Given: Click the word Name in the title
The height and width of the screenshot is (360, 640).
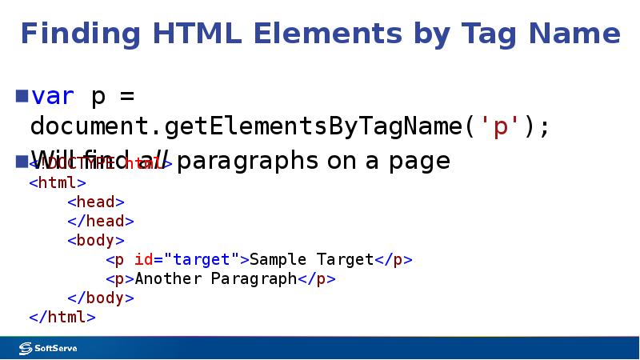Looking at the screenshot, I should [x=574, y=34].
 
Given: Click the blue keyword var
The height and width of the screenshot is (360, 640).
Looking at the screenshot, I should [x=53, y=97].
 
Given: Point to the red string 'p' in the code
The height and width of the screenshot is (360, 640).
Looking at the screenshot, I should [x=500, y=127].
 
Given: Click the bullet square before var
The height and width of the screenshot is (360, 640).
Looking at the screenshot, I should [x=22, y=97].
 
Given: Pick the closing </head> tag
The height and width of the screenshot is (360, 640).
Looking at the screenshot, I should [x=101, y=221].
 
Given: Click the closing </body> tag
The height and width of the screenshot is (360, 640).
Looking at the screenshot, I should [x=101, y=298].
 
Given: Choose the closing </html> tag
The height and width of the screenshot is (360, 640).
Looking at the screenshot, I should [x=62, y=317].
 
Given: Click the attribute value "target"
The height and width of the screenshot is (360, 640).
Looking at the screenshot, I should [x=202, y=259].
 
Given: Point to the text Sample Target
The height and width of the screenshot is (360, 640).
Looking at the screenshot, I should [x=312, y=259].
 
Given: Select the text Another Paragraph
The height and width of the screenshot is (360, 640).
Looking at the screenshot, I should [x=216, y=278].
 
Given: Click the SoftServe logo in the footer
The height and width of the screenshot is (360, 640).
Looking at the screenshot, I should [x=48, y=348].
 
